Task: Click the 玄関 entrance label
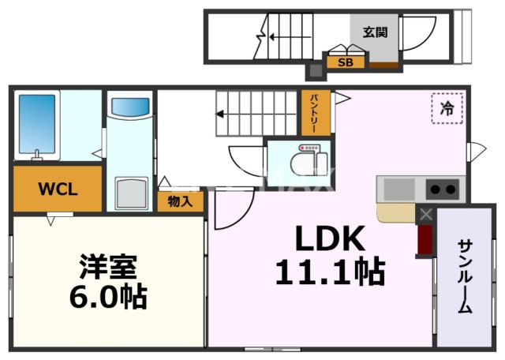[x=376, y=32]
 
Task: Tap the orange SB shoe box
[x=345, y=62]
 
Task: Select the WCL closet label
[x=57, y=189]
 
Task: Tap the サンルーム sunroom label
[x=465, y=276]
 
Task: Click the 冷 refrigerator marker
[x=447, y=109]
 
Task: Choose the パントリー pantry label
[x=313, y=114]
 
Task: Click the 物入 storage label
[x=180, y=201]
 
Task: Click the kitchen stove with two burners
[x=442, y=189]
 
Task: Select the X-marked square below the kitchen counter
[x=426, y=214]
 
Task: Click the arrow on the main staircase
[x=221, y=113]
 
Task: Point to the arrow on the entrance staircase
[x=273, y=35]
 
